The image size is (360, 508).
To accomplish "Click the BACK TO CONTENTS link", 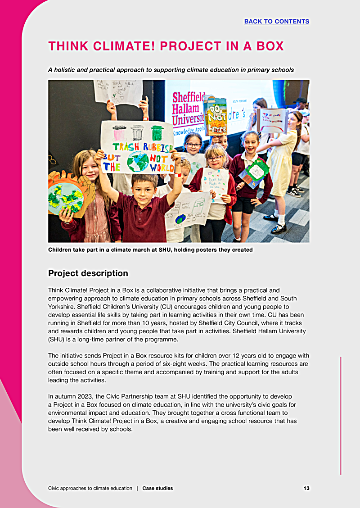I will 277,21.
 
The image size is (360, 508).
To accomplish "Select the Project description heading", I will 88,273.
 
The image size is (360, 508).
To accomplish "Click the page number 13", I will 306,488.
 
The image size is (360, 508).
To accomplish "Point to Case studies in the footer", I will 157,488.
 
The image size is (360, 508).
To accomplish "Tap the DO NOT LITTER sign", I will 215,116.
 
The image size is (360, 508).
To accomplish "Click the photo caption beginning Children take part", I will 150,249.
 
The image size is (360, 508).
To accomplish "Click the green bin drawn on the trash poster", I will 157,134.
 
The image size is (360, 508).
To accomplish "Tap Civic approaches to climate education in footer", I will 90,488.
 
